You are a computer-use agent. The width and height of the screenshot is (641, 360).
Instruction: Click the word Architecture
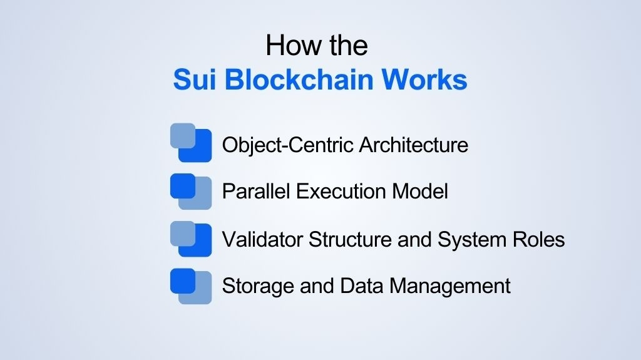[x=414, y=145]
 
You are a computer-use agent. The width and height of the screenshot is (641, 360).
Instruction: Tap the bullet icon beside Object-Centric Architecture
[x=191, y=143]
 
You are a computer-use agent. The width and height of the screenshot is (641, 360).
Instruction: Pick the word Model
[x=421, y=191]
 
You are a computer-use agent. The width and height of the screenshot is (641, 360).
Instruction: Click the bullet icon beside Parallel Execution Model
[x=191, y=190]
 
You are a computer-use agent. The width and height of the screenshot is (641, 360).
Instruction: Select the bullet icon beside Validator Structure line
[x=191, y=238]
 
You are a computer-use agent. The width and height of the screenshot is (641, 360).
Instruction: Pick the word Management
[x=450, y=286]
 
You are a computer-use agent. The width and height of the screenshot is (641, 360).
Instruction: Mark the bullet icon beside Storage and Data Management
[x=191, y=285]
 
